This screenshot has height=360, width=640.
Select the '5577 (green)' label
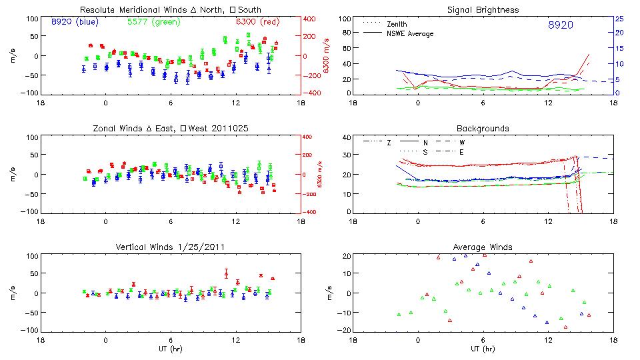pyautogui.click(x=152, y=22)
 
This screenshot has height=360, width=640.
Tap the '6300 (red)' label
pyautogui.click(x=256, y=22)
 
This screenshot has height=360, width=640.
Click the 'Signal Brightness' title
pyautogui.click(x=483, y=10)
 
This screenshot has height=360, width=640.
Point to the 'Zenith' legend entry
pyautogui.click(x=397, y=23)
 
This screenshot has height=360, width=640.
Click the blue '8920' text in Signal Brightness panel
pyautogui.click(x=560, y=25)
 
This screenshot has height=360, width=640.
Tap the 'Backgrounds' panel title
pyautogui.click(x=483, y=128)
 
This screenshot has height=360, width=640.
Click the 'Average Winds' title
pyautogui.click(x=483, y=247)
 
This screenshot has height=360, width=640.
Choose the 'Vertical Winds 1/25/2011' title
pyautogui.click(x=170, y=247)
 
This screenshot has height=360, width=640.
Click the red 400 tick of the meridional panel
pyautogui.click(x=311, y=19)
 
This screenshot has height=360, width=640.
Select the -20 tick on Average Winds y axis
pyautogui.click(x=345, y=330)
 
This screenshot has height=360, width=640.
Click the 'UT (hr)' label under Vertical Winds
pyautogui.click(x=170, y=349)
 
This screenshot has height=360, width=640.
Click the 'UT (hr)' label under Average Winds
pyautogui.click(x=483, y=349)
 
